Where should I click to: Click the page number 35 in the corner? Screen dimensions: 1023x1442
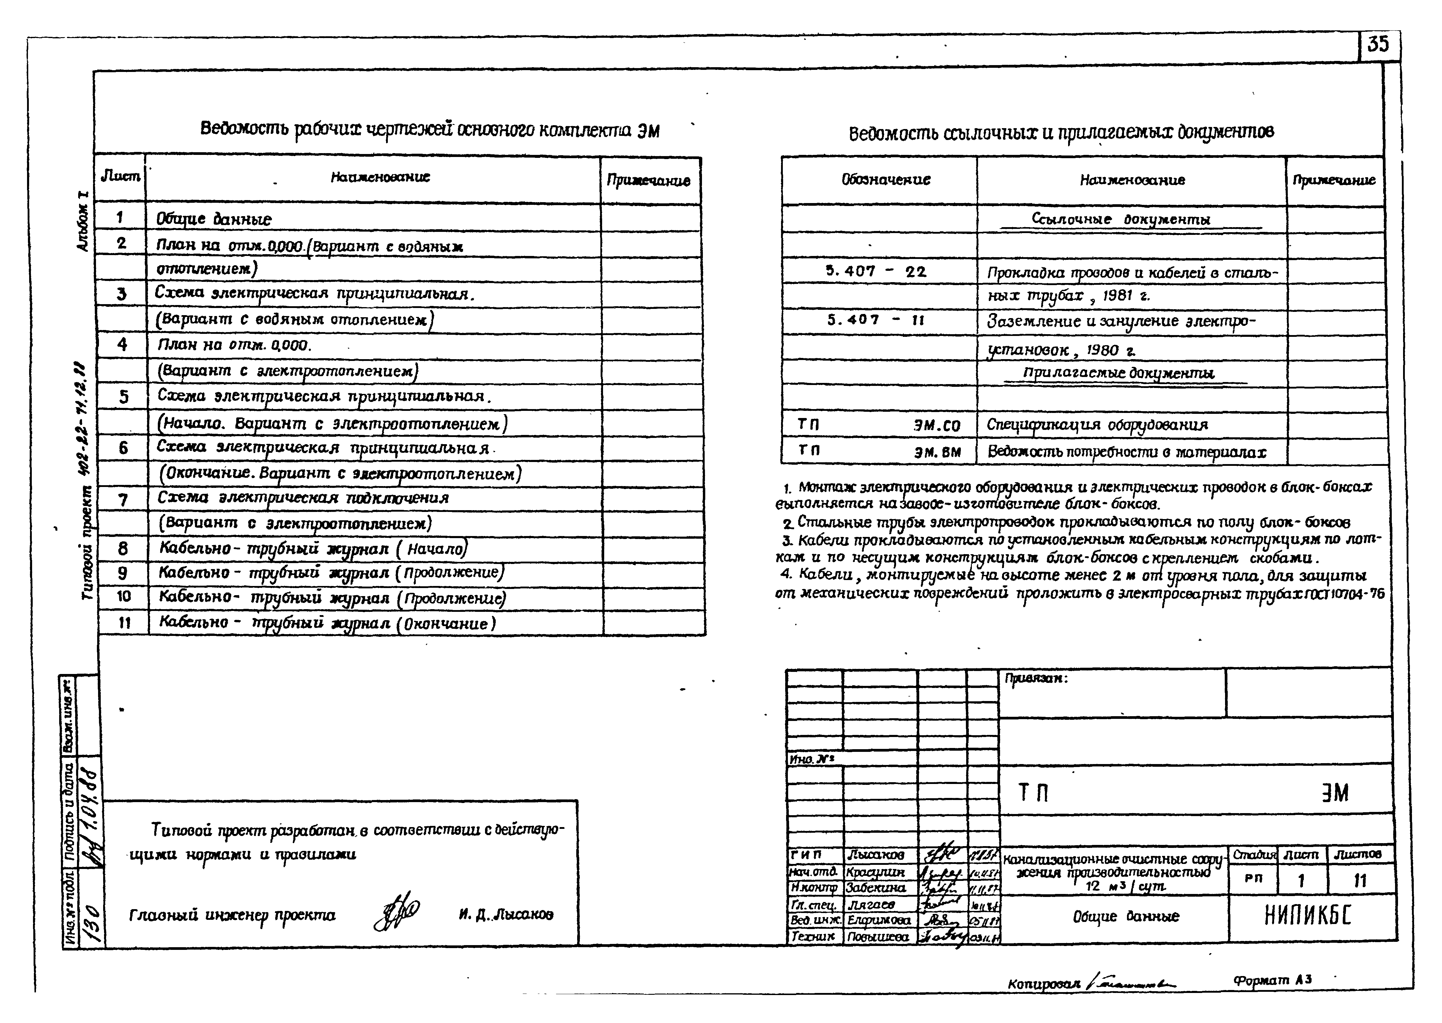click(1378, 45)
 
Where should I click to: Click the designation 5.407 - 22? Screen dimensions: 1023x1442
click(876, 271)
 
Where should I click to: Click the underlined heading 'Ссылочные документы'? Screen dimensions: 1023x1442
click(1121, 219)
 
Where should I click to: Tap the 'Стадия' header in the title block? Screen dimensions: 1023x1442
click(1253, 855)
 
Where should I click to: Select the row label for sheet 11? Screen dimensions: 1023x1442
click(124, 623)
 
